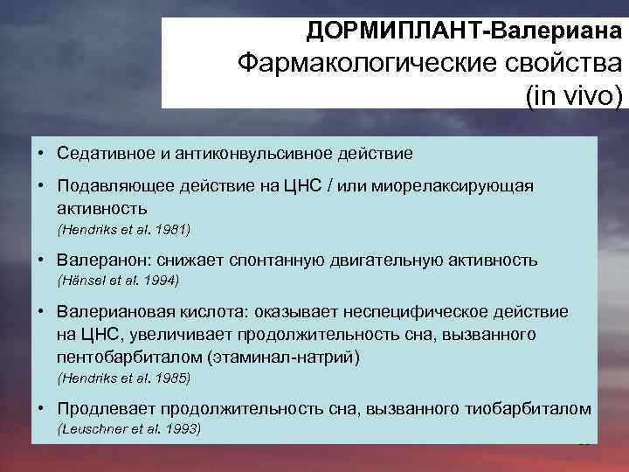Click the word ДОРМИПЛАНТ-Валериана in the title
(x=464, y=31)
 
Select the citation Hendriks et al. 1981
(x=123, y=230)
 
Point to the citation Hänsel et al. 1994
(x=118, y=281)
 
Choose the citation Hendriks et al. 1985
(x=123, y=378)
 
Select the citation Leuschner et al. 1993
(x=128, y=429)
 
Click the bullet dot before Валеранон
(x=42, y=260)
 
